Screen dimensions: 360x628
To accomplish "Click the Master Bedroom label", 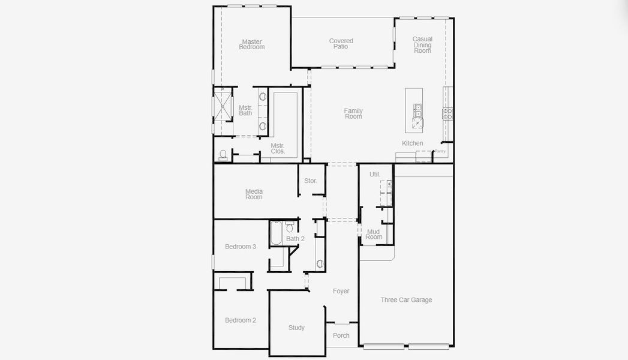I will click(x=251, y=44).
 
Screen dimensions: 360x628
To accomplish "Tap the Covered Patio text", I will click(x=341, y=44).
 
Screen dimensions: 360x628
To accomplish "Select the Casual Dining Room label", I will click(x=422, y=45).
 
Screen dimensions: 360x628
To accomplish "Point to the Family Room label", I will click(x=353, y=113).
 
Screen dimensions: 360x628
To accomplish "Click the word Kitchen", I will click(x=412, y=143).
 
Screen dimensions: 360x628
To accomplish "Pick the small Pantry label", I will click(x=440, y=151).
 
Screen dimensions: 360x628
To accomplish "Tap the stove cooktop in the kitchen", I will click(x=447, y=112).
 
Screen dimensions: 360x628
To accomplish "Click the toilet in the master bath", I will click(x=223, y=155).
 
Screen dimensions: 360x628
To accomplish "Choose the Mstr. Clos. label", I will click(x=277, y=148).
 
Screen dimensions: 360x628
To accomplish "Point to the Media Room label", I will click(x=254, y=194).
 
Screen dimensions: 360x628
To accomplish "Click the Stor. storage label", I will click(x=310, y=181).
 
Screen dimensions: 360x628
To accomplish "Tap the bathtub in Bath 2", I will click(x=276, y=233).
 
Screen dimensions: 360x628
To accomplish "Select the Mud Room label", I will click(x=374, y=234).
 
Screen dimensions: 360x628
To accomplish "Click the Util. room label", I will click(x=375, y=175).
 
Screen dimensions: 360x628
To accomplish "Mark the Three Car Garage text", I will click(x=406, y=300).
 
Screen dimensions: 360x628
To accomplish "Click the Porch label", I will click(x=341, y=335).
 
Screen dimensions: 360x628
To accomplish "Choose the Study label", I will click(x=296, y=328).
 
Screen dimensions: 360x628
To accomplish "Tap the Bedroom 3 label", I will click(x=241, y=247).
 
